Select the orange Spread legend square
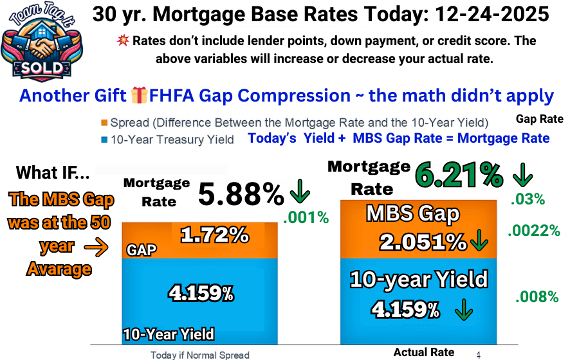tap(104, 123)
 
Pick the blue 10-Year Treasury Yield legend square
tap(104, 139)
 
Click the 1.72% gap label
tap(214, 235)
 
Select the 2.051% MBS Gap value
tap(422, 242)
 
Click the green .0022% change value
tap(534, 230)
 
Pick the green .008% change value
tap(537, 296)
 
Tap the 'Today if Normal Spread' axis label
tap(199, 355)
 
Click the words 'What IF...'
tap(52, 172)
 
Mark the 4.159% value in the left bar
tap(201, 294)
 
